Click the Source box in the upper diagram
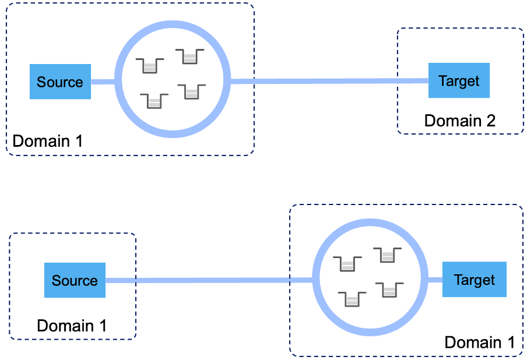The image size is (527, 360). click(x=60, y=82)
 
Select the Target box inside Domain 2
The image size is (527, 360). click(x=459, y=80)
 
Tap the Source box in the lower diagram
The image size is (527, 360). click(x=75, y=280)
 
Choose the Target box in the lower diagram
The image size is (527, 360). click(x=474, y=280)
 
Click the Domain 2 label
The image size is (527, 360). click(x=459, y=121)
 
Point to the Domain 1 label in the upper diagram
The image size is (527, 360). click(x=48, y=141)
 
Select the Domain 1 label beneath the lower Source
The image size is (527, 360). click(x=72, y=326)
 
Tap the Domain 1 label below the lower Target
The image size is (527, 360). click(x=480, y=342)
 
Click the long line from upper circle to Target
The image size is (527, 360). click(x=329, y=81)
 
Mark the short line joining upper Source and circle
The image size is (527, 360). click(x=103, y=82)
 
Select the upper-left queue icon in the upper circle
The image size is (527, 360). click(x=150, y=65)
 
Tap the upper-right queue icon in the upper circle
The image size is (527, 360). click(x=190, y=56)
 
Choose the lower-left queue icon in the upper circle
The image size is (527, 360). click(x=154, y=101)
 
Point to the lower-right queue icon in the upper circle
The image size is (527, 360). click(x=192, y=91)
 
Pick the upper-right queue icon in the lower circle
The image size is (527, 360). click(x=388, y=255)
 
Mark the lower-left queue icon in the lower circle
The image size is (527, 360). click(x=352, y=298)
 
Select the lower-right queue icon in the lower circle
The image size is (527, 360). click(x=389, y=290)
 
